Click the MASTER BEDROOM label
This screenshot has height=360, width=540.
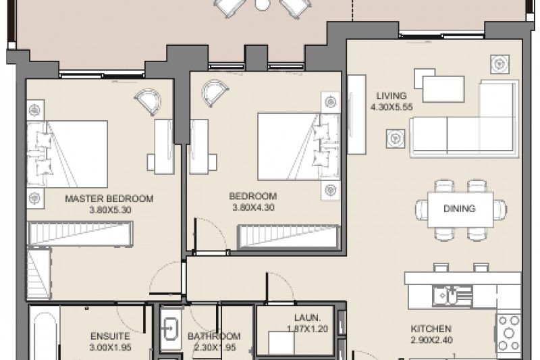point(109,199)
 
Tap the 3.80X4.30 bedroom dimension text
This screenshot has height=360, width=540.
point(254,207)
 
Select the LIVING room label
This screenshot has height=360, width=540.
point(391,95)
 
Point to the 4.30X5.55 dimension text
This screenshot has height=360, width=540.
point(391,107)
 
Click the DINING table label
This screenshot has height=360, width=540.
point(460,208)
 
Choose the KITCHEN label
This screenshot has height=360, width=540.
point(431,329)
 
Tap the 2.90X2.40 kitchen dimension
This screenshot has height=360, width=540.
point(431,340)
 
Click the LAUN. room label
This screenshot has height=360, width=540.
point(308,317)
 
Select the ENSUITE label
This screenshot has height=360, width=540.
point(110,336)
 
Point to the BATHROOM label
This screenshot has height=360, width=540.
point(214,336)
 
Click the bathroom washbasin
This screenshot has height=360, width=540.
point(171,329)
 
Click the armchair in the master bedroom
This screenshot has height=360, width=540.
point(148,101)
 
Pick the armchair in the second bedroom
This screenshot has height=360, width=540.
point(214,93)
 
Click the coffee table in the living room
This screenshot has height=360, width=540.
point(443,89)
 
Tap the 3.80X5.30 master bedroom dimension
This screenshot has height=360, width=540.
point(110,210)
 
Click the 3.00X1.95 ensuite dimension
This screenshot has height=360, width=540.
point(110,347)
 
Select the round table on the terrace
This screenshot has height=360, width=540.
point(261,4)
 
